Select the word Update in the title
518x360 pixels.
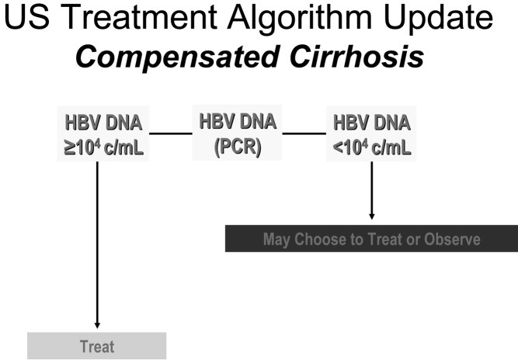click(439, 18)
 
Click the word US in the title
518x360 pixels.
click(27, 16)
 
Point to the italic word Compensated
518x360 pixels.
click(177, 57)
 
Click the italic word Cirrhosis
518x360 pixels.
click(356, 56)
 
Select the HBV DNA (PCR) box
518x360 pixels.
click(237, 133)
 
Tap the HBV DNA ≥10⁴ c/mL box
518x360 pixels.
click(103, 133)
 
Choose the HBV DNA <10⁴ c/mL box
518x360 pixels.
click(371, 133)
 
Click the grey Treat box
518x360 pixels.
click(97, 346)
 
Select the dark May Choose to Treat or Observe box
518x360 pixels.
click(371, 238)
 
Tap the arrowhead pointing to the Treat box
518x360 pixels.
click(97, 325)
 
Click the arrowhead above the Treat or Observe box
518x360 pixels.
click(372, 216)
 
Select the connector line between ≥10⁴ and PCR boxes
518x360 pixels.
click(171, 133)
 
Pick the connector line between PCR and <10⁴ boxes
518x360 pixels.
click(304, 133)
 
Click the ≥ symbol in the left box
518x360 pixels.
click(70, 148)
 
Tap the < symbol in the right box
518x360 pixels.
click(339, 148)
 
